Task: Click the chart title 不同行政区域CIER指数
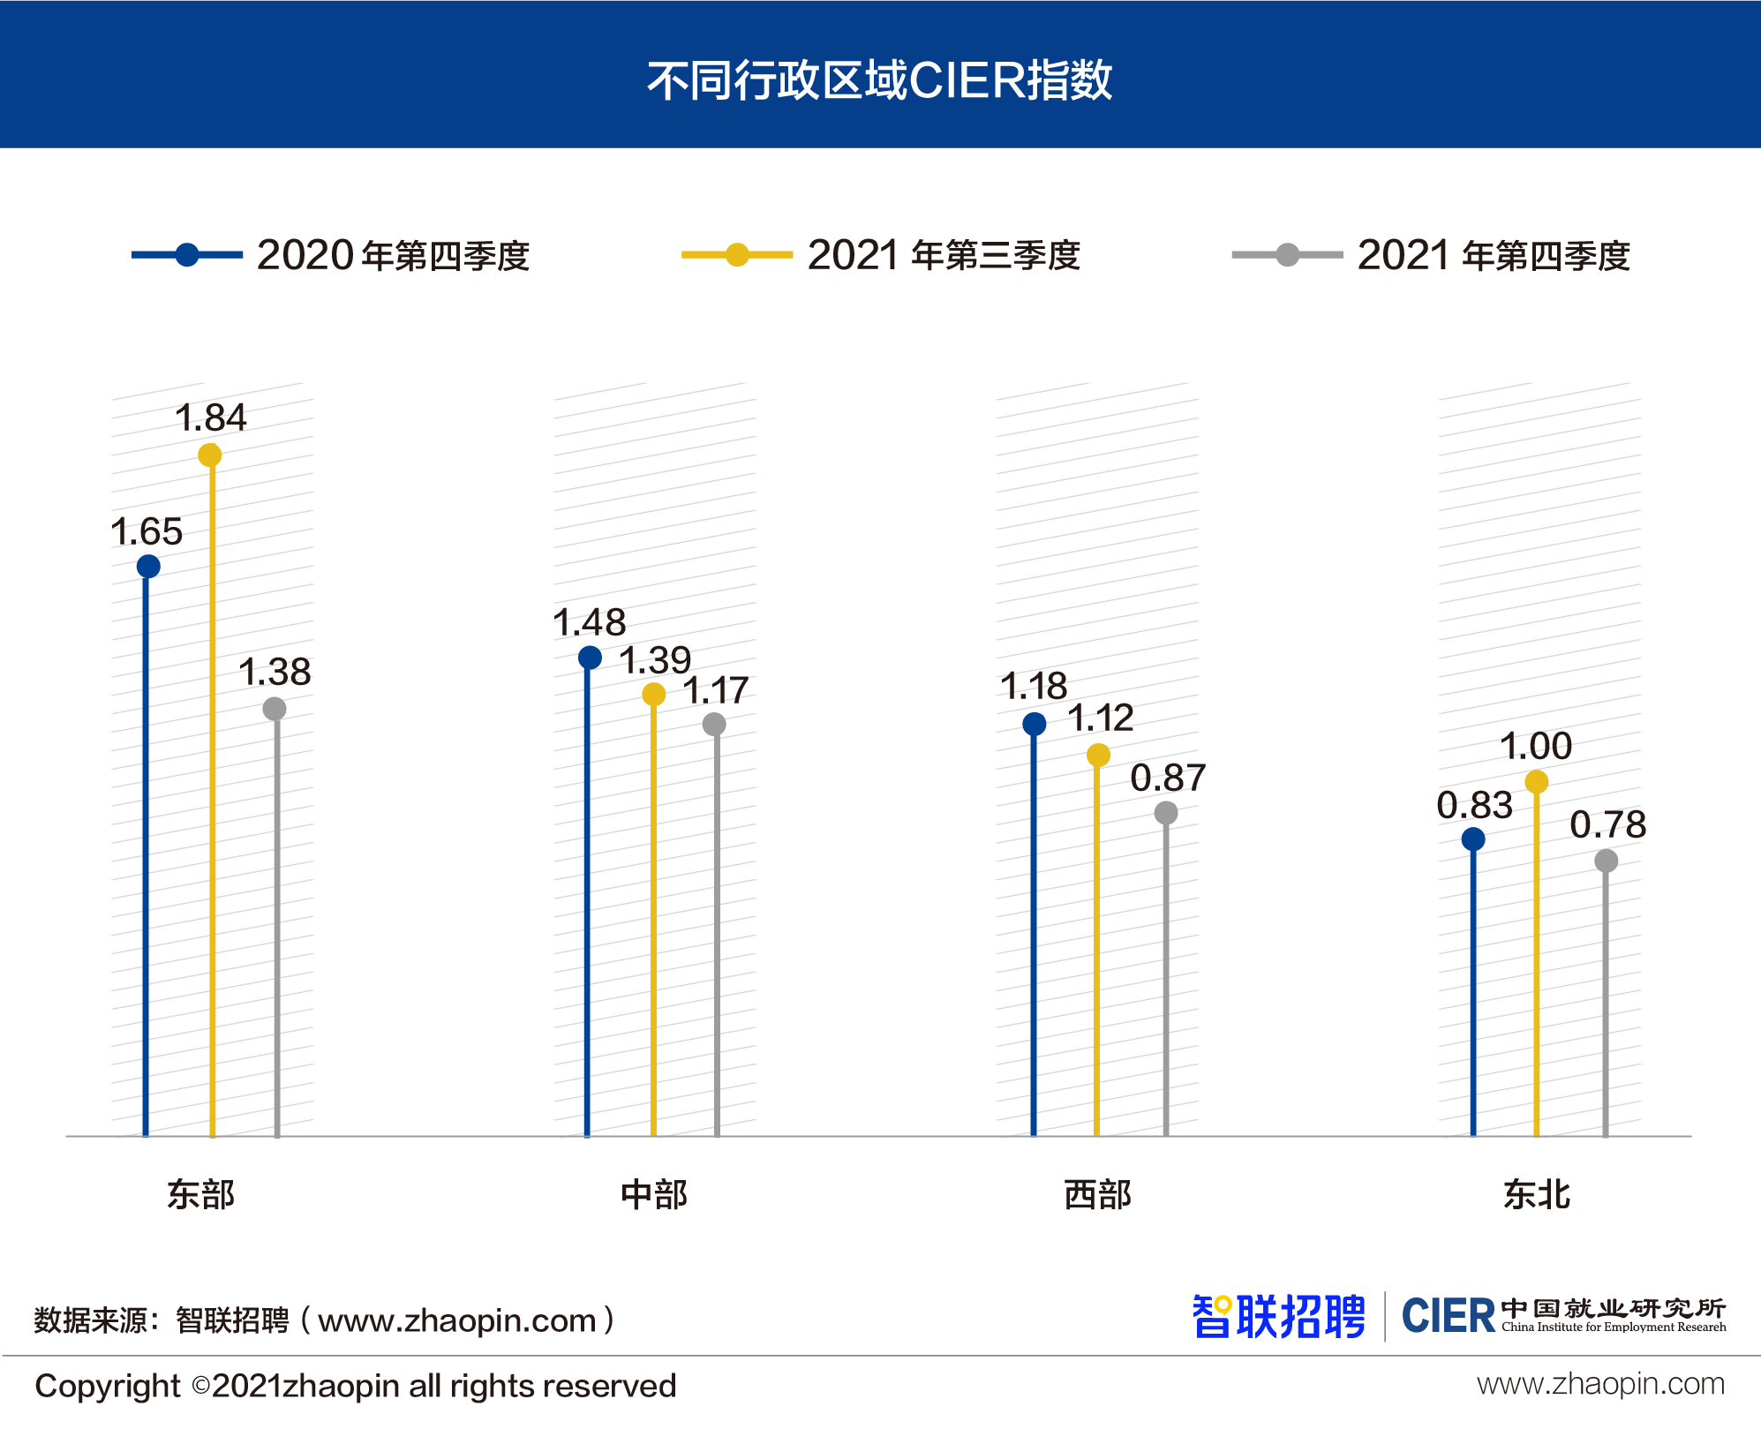point(879,80)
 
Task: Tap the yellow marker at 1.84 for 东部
point(210,455)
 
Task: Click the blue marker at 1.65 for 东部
point(148,566)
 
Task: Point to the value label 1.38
point(275,672)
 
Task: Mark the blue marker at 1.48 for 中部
point(590,658)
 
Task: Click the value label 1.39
point(654,660)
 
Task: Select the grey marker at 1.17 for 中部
point(714,725)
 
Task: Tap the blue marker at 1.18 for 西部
point(1035,725)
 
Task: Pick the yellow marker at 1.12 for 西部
point(1098,755)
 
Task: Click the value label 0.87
point(1168,778)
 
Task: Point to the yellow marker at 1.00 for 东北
point(1537,782)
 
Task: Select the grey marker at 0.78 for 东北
point(1607,861)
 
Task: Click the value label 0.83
point(1474,805)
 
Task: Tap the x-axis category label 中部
point(654,1194)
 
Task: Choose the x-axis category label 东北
point(1537,1194)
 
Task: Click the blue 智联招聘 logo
point(1278,1317)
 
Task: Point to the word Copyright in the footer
point(107,1386)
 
